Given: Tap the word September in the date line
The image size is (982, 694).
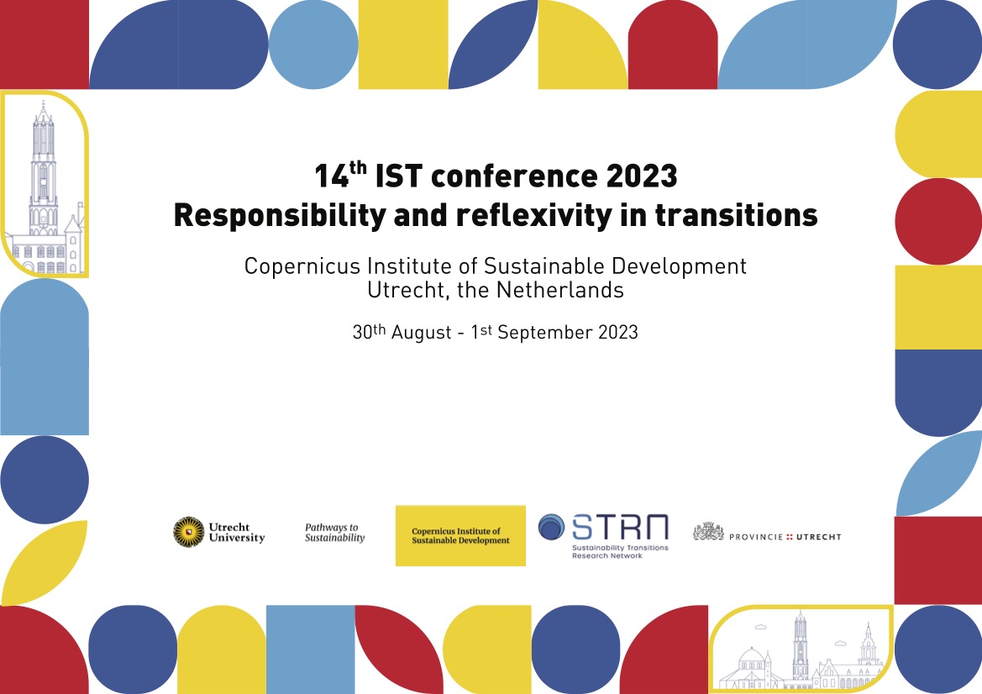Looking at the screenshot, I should [x=544, y=332].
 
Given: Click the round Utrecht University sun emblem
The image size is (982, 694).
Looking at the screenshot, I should [x=188, y=532].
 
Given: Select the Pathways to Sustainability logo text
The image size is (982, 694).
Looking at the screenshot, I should [x=334, y=533].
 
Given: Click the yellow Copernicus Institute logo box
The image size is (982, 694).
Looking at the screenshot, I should [x=460, y=535].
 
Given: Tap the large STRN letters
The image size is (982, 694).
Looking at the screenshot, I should [x=620, y=528].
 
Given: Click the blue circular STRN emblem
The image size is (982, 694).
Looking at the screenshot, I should [x=552, y=528].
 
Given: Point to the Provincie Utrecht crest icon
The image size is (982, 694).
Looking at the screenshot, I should [x=708, y=531].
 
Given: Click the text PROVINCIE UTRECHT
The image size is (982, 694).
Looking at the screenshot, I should [x=785, y=536].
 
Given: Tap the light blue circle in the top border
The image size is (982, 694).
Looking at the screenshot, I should [x=313, y=45].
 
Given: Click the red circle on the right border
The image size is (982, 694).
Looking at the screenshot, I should [x=937, y=221].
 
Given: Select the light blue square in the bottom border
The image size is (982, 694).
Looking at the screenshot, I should [x=310, y=649].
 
